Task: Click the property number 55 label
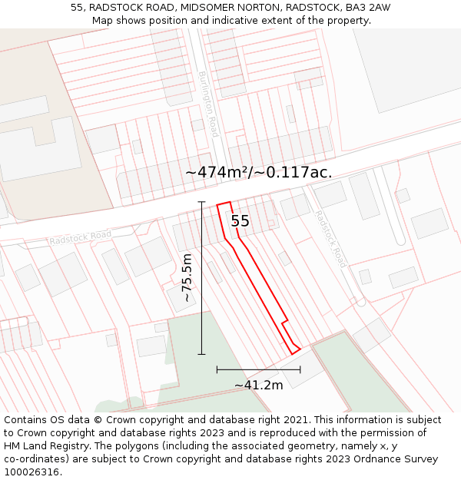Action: (x=240, y=221)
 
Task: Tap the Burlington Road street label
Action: (x=208, y=104)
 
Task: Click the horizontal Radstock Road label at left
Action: (x=80, y=238)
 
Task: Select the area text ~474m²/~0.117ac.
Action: (x=259, y=172)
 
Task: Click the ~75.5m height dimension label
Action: (x=187, y=277)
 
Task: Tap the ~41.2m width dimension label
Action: (x=259, y=385)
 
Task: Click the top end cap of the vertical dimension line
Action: (x=202, y=202)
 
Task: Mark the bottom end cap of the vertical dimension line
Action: (x=202, y=354)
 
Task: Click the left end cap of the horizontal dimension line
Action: (x=217, y=369)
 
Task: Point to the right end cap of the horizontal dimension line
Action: (x=300, y=369)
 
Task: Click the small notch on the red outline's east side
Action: (x=286, y=320)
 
